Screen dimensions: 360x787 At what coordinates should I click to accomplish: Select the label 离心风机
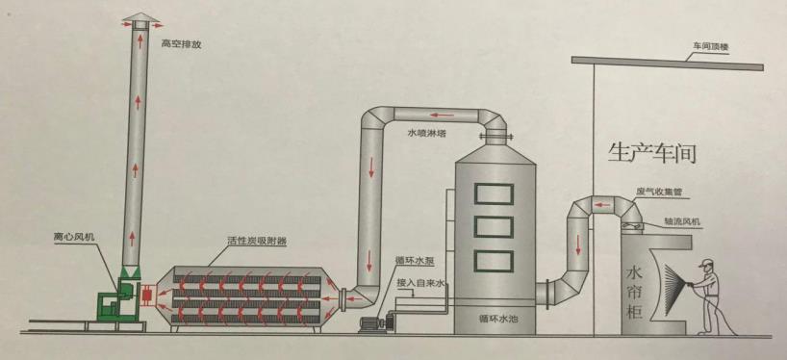point(75,236)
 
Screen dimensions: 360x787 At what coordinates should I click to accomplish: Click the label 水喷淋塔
point(426,135)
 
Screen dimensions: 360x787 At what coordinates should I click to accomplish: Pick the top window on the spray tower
point(497,192)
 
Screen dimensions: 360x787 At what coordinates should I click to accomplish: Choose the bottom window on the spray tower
point(497,262)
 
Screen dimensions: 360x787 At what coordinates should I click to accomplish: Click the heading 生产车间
point(651,152)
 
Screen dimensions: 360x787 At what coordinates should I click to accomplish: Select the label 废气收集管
point(658,193)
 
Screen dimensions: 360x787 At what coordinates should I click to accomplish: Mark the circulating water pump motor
point(369,324)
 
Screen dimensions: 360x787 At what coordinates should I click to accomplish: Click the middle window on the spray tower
point(497,227)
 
